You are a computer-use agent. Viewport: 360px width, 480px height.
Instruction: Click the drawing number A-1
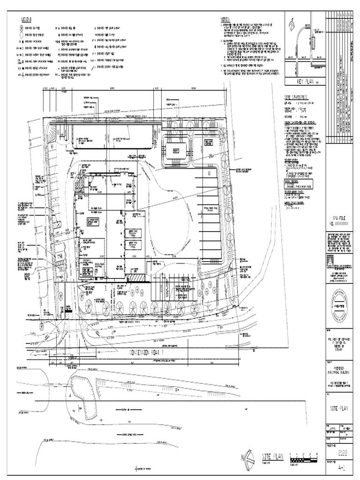341,467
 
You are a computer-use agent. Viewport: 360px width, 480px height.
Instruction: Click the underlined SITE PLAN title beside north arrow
273,457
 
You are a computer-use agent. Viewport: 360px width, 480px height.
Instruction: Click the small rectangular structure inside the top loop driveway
176,151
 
